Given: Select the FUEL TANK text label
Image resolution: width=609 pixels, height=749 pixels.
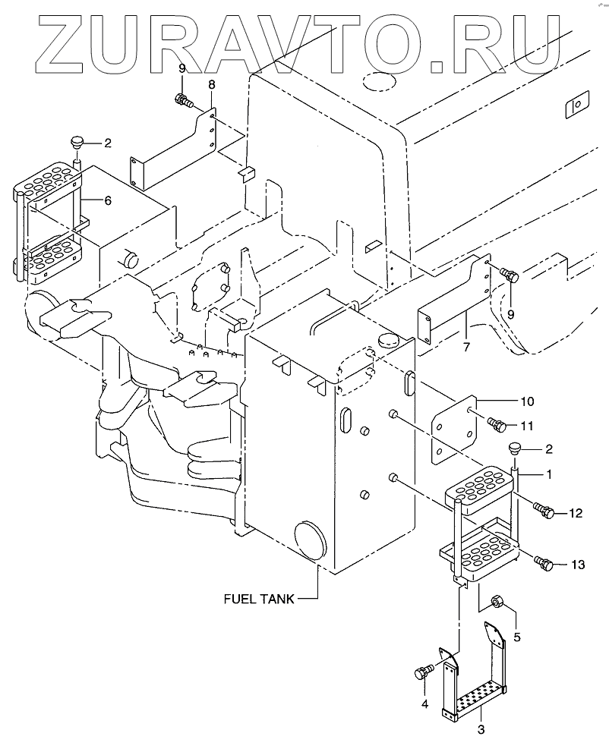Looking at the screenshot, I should [x=257, y=598].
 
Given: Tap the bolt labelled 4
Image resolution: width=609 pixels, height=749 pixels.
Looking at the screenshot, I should [x=422, y=672].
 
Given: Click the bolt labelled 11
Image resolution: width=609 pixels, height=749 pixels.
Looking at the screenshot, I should [x=497, y=426].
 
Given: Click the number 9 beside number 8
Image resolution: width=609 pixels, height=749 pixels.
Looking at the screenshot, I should [x=182, y=69].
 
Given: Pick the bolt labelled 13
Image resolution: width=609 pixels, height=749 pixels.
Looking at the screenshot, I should [x=543, y=563].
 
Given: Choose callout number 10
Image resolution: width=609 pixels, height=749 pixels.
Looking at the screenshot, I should [x=526, y=400].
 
